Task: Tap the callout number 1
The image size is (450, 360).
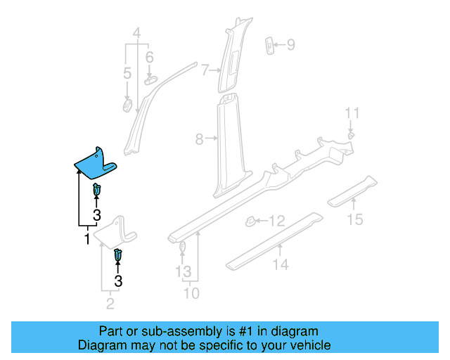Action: (x=87, y=240)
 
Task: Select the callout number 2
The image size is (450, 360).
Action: (x=110, y=304)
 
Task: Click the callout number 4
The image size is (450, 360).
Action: (x=136, y=32)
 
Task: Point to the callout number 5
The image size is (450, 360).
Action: (x=127, y=73)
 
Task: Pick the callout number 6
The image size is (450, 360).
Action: (x=149, y=57)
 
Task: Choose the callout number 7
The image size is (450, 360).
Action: (x=205, y=70)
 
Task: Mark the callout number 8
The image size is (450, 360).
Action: (x=199, y=139)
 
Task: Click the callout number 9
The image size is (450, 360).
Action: (x=290, y=45)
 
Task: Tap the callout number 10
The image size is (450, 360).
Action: (x=191, y=292)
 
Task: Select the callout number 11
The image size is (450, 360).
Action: (x=352, y=113)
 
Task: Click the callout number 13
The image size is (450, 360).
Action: (x=183, y=271)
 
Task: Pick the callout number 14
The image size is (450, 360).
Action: (x=281, y=264)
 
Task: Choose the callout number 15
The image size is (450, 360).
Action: (x=355, y=220)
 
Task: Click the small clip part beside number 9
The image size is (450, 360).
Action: (x=269, y=44)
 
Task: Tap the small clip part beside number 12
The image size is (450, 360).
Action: (x=249, y=221)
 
